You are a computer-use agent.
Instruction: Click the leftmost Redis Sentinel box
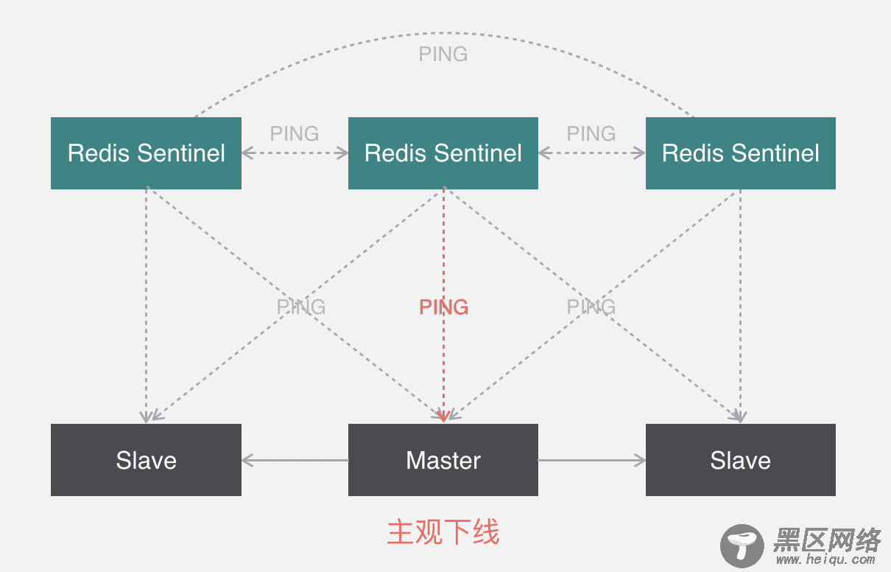[x=146, y=153]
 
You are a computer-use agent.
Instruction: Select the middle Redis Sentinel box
[x=443, y=153]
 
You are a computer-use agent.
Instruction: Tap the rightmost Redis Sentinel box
[x=740, y=153]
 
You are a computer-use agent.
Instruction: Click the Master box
[x=443, y=460]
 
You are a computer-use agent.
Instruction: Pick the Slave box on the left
[x=146, y=460]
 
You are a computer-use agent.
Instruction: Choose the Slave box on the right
[x=740, y=460]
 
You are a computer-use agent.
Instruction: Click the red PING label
[x=443, y=307]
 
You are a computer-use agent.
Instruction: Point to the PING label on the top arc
[x=443, y=54]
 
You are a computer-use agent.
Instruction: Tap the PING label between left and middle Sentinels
[x=295, y=133]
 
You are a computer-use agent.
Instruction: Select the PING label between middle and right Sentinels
[x=591, y=133]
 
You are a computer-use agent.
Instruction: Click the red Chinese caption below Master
[x=443, y=532]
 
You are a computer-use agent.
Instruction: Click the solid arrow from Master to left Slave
[x=295, y=461]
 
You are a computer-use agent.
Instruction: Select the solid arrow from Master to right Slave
[x=591, y=461]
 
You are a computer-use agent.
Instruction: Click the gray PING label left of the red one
[x=300, y=307]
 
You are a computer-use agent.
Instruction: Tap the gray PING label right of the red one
[x=591, y=307]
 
